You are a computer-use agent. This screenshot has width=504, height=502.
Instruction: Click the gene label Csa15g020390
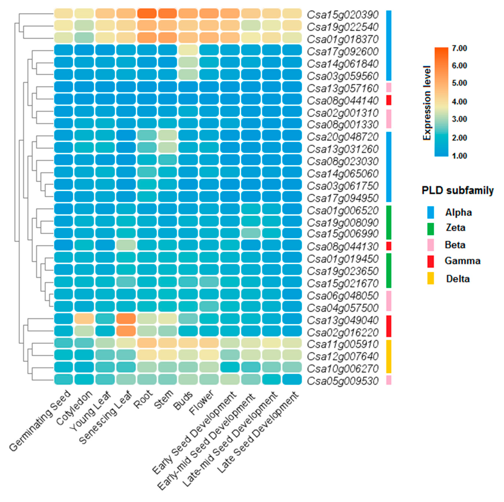coord(343,15)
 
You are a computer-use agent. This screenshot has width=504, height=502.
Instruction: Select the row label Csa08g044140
coord(343,101)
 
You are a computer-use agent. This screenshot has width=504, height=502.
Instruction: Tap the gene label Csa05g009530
coord(343,381)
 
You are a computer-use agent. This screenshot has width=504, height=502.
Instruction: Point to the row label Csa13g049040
coord(343,320)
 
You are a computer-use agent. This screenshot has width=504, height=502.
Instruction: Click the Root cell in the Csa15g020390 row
coord(147,14)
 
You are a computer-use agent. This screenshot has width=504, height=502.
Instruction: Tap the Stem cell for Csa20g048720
coord(167,135)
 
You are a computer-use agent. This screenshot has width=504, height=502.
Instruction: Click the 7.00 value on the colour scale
coord(459,48)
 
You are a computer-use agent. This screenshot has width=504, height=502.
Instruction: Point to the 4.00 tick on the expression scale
coord(459,101)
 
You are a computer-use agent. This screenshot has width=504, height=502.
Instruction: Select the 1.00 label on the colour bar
coord(459,156)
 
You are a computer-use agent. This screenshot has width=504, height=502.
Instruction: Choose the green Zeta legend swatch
coord(430,229)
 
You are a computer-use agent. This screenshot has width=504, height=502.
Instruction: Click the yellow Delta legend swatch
coord(430,278)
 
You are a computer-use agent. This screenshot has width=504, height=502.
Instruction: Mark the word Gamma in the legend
coord(462,261)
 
